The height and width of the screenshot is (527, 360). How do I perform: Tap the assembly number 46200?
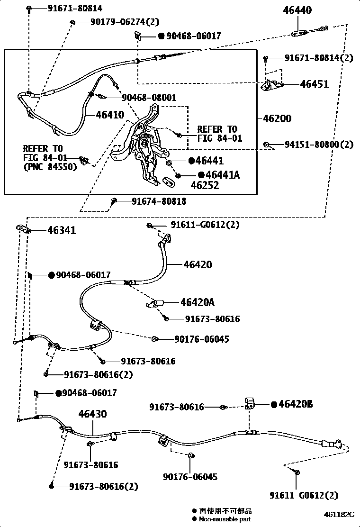[x=277, y=118]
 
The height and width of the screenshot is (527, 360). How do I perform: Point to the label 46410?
[x=110, y=114]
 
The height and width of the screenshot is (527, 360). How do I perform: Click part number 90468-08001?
[x=149, y=98]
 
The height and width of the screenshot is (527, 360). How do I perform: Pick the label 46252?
[x=205, y=185]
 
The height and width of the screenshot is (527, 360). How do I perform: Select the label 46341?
[x=62, y=230]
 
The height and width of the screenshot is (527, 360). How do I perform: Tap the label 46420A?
[x=197, y=302]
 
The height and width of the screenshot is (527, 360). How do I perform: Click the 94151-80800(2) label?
[x=319, y=145]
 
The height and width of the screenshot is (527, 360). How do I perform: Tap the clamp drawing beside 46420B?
[x=250, y=403]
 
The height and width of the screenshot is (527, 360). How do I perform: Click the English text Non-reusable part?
[x=225, y=519]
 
